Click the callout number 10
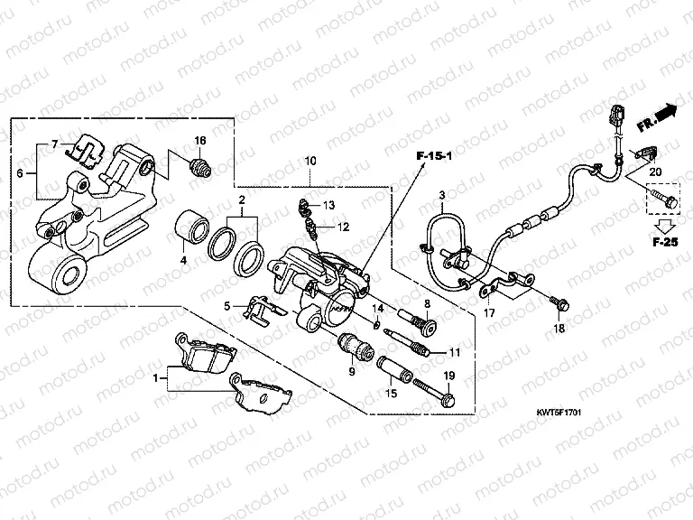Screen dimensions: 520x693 pos(310,161)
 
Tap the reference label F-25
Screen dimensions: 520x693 pos(667,241)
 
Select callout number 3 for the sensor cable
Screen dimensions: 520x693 pos(442,195)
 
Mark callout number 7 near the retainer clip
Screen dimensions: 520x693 pos(55,144)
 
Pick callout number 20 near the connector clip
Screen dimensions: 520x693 pos(655,172)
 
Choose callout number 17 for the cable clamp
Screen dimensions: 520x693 pos(488,314)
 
